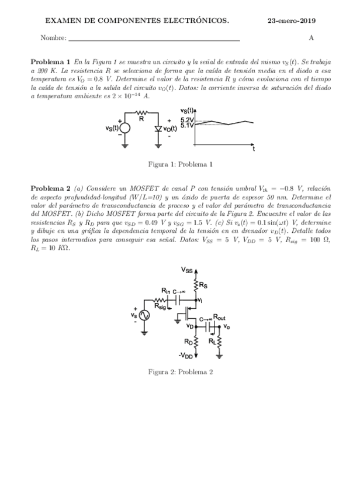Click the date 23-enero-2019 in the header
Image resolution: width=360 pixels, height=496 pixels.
[292, 20]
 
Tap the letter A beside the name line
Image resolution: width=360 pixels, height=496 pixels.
[311, 38]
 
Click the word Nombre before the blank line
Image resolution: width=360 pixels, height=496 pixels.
[54, 39]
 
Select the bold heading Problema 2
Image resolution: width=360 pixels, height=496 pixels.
[50, 188]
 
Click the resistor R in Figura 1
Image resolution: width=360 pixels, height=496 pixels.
[141, 112]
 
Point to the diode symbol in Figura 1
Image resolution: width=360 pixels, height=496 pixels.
[158, 128]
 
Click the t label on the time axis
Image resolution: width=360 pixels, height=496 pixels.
[254, 149]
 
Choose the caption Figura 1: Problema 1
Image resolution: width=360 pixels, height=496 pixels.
[180, 164]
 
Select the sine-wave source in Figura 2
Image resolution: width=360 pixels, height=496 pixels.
[143, 315]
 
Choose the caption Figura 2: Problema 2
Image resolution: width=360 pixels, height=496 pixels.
[180, 372]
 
